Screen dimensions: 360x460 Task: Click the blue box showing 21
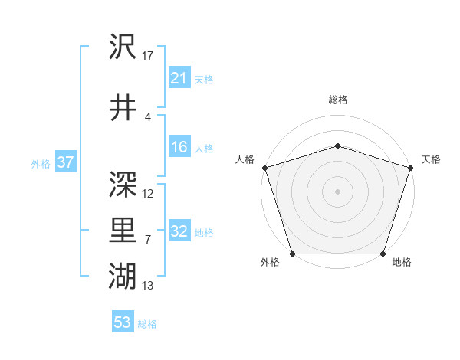pos(179,78)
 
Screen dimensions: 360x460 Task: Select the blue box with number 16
pos(179,147)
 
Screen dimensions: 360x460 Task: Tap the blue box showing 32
pos(179,231)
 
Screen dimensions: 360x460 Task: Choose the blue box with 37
pos(65,162)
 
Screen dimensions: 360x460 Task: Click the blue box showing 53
pos(123,322)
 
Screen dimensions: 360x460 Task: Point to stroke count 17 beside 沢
pos(148,56)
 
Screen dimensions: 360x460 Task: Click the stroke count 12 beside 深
pos(148,193)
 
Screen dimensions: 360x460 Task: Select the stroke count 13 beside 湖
pos(148,286)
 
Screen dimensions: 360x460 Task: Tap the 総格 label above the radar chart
pos(337,100)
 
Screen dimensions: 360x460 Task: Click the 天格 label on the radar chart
pos(431,159)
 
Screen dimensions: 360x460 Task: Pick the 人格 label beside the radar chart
pos(245,159)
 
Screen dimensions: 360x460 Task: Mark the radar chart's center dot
pos(337,191)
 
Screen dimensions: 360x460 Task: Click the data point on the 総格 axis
pos(337,146)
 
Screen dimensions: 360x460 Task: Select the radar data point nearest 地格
pos(383,254)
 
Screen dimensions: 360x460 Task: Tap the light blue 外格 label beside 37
pos(40,163)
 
